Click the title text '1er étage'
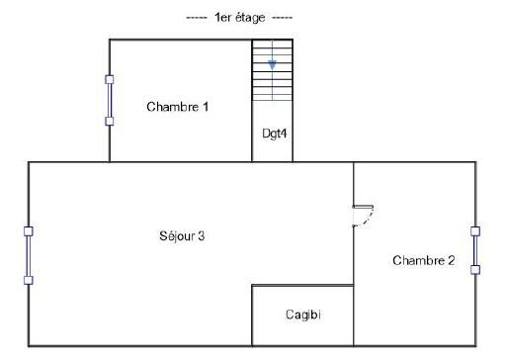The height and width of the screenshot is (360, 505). [x=239, y=18]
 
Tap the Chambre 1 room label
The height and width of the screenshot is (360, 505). [x=177, y=107]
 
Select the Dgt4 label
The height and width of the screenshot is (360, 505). [x=274, y=134]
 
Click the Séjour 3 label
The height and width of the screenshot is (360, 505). [x=182, y=235]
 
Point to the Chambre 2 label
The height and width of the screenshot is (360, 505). [x=424, y=260]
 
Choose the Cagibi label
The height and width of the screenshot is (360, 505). [x=303, y=315]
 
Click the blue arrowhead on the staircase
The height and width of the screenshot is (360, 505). [x=272, y=65]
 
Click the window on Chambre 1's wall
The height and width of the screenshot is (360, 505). [x=110, y=100]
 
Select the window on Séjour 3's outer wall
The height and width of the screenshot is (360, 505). [x=29, y=255]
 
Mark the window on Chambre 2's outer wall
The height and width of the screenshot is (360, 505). [x=475, y=250]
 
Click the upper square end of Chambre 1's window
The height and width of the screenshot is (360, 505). [x=110, y=79]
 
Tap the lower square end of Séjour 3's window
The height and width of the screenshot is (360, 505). [x=29, y=280]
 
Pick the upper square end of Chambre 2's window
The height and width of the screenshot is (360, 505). [x=475, y=231]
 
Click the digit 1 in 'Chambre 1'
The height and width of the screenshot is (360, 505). [x=206, y=107]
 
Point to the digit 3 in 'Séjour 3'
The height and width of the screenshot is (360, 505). [x=201, y=235]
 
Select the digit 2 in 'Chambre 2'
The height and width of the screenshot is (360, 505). [x=451, y=260]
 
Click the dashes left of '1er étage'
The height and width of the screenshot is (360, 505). [x=197, y=18]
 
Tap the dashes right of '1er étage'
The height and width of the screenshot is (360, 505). [x=283, y=18]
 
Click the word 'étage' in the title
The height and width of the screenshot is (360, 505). [x=248, y=18]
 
